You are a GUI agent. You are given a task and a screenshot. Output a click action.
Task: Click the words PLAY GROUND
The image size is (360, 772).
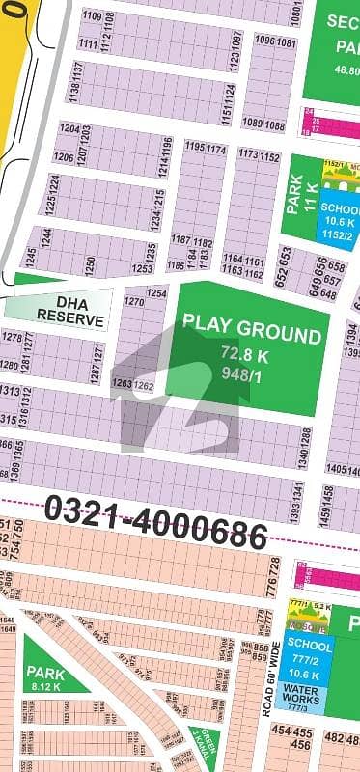pyautogui.click(x=251, y=336)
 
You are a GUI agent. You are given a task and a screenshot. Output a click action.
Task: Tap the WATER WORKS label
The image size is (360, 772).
pyautogui.click(x=309, y=696)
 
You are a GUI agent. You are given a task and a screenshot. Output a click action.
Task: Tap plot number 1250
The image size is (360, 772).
pyautogui.click(x=91, y=262)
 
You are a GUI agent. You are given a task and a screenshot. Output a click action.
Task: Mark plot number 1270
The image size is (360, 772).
pyautogui.click(x=134, y=302)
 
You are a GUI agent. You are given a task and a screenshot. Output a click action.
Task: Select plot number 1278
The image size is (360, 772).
pyautogui.click(x=12, y=337)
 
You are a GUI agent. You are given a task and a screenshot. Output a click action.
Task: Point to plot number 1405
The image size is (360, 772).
pyautogui.click(x=337, y=469)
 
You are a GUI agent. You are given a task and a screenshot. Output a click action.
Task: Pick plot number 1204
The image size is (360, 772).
pyautogui.click(x=68, y=128)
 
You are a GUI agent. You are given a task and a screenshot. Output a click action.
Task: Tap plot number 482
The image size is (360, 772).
pyautogui.click(x=333, y=739)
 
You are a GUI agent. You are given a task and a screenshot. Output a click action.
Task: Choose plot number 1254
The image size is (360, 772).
pyautogui.click(x=156, y=292)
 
